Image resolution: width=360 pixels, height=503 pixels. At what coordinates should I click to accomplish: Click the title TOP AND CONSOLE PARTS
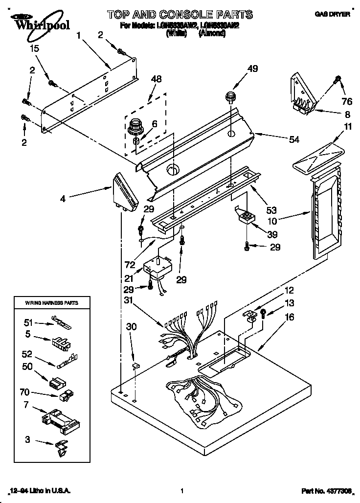coord(180,14)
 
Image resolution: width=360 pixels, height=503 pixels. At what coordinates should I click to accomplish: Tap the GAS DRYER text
coord(335,15)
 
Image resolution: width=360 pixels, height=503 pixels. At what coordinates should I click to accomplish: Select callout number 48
coord(156,79)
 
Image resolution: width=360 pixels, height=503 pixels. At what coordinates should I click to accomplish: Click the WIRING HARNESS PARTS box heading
coord(51,303)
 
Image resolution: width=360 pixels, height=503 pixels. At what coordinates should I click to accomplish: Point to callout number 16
coord(290,317)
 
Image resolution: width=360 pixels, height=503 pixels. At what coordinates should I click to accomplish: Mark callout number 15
coord(34,48)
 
